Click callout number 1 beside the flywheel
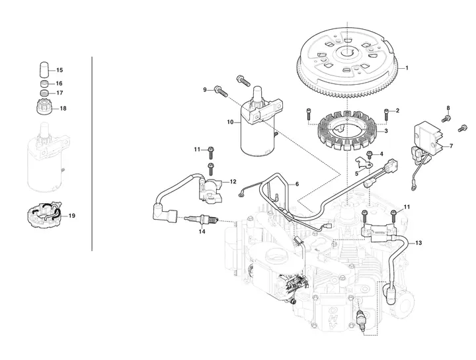click(x=407, y=68)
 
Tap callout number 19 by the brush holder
click(x=71, y=216)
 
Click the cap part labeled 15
click(x=44, y=69)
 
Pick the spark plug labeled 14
click(x=201, y=219)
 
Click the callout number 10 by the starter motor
click(x=231, y=122)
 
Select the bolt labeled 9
click(x=221, y=91)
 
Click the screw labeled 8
click(x=446, y=118)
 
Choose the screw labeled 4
click(x=370, y=155)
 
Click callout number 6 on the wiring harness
click(x=297, y=184)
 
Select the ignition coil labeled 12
click(x=210, y=190)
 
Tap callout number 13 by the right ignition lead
click(x=418, y=243)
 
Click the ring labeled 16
click(x=44, y=83)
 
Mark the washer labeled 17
click(x=44, y=93)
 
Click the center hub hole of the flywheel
click(x=347, y=53)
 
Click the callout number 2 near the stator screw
click(x=397, y=111)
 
